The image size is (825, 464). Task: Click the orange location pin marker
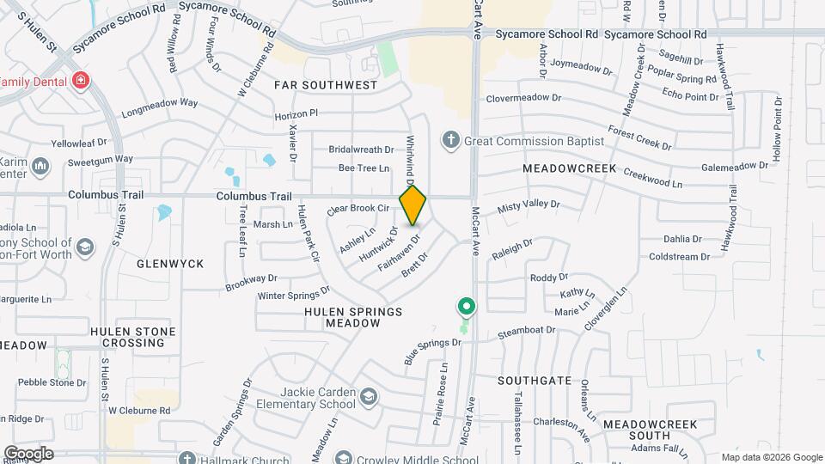412,205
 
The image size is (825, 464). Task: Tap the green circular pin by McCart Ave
466,307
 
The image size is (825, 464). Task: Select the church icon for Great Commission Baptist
450,140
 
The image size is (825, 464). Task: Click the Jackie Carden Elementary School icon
369,396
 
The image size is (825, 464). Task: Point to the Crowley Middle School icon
344,458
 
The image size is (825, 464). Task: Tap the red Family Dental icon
80,81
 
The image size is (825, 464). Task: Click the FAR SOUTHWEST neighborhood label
326,85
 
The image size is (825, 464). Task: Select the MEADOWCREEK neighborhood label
570,168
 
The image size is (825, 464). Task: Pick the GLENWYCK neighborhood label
170,264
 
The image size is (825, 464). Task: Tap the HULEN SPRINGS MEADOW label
353,316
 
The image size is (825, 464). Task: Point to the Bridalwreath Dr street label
361,149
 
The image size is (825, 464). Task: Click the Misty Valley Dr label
529,207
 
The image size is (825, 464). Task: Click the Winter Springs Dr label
294,294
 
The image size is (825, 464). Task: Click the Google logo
28,454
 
